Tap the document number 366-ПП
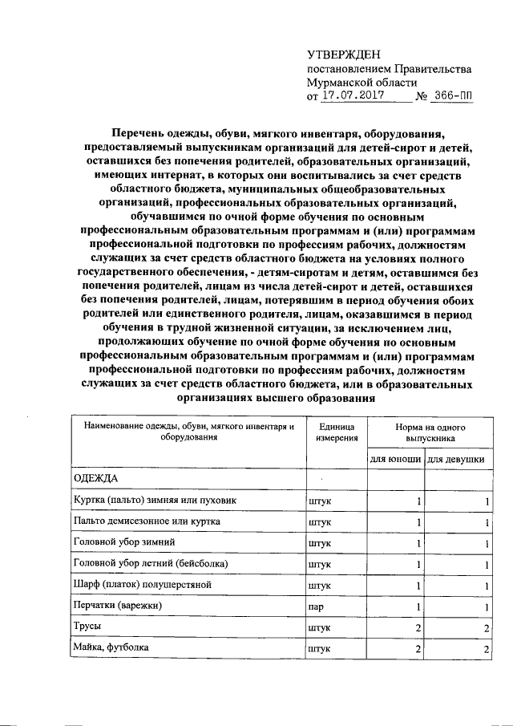pyautogui.click(x=451, y=96)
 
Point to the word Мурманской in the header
pyautogui.click(x=340, y=82)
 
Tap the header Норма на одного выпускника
pyautogui.click(x=430, y=433)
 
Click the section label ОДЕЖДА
pyautogui.click(x=95, y=479)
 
